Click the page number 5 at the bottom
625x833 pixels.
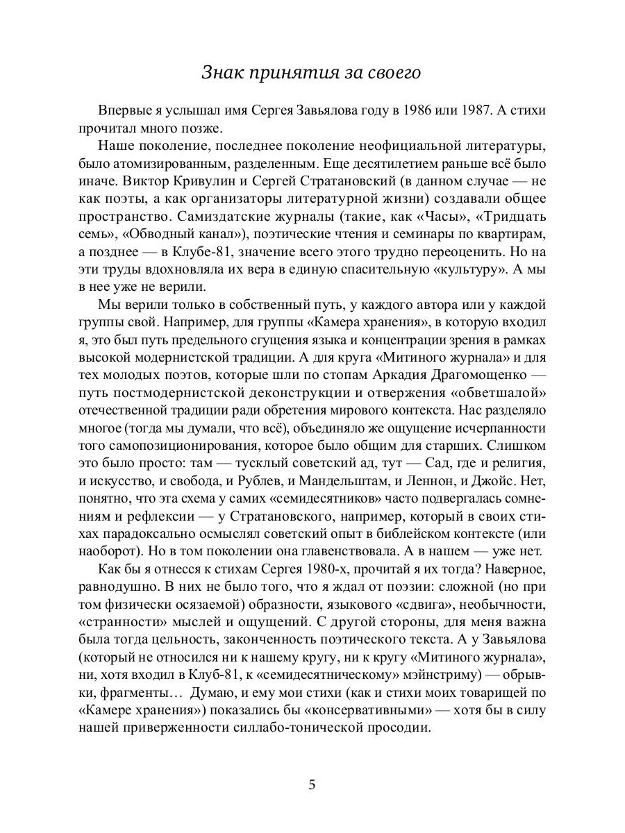point(312,785)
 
